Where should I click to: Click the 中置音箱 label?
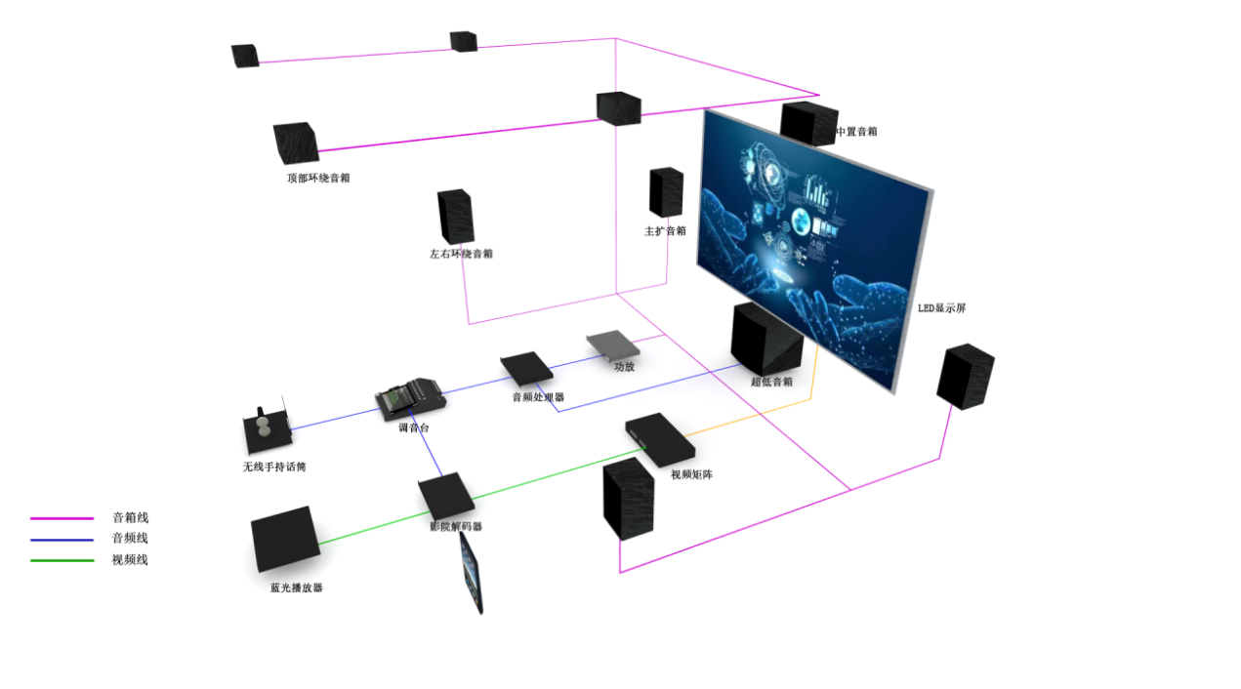point(856,131)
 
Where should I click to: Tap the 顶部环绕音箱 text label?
point(318,179)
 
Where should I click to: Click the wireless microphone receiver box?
point(265,430)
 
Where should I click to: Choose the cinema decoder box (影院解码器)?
point(447,497)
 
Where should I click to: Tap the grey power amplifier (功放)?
point(612,345)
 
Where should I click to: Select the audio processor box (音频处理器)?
point(527,369)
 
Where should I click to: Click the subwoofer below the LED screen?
point(766,338)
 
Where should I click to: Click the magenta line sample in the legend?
point(62,518)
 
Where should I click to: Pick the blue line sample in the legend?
point(62,539)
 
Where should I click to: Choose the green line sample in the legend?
point(62,560)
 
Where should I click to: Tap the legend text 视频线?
point(130,560)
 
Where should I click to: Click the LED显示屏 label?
point(941,308)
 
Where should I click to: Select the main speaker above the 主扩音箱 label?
point(666,192)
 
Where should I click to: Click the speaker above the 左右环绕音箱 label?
point(455,216)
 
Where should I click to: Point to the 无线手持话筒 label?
point(274,466)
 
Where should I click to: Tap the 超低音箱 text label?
point(771,382)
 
